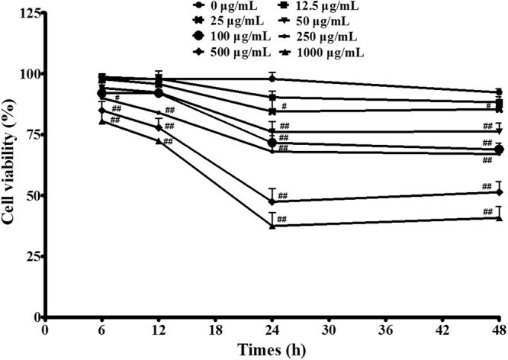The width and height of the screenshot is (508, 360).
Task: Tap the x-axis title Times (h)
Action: point(272,349)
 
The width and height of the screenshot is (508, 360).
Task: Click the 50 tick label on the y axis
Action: point(31,196)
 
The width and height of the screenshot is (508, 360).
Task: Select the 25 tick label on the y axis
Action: point(31,256)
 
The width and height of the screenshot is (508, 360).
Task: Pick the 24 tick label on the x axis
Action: point(272,329)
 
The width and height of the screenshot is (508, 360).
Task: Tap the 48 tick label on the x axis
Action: point(500,329)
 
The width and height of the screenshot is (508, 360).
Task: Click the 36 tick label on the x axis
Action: point(386,329)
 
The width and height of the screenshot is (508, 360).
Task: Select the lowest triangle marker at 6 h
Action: point(102,121)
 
